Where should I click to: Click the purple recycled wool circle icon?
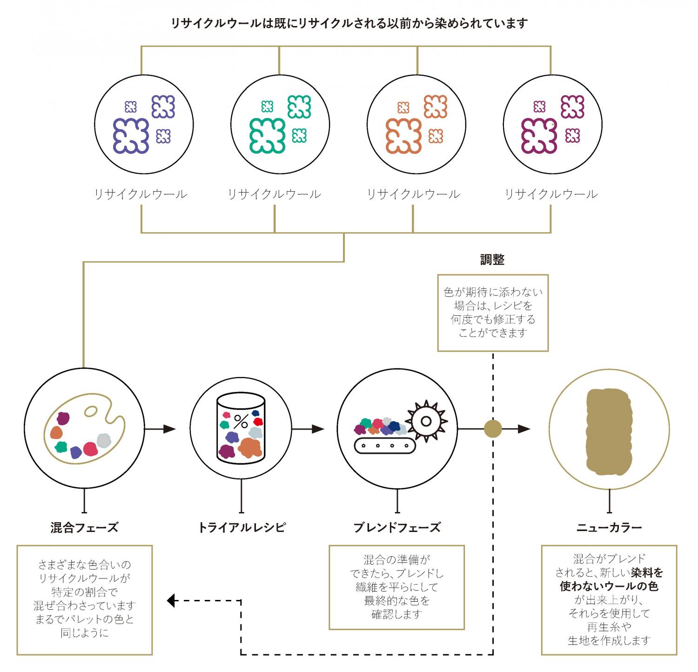click(x=144, y=125)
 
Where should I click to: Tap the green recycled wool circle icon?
click(x=280, y=125)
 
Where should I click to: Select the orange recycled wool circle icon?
click(x=416, y=125)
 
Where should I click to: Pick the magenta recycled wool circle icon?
click(x=553, y=125)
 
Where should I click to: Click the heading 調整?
click(x=492, y=260)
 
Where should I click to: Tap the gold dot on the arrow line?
click(x=493, y=429)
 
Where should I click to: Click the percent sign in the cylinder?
click(x=241, y=422)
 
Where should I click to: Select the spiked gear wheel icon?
click(x=426, y=421)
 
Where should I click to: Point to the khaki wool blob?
click(x=609, y=431)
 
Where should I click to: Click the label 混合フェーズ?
click(x=84, y=527)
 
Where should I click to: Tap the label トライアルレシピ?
click(x=242, y=527)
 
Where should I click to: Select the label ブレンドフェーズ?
click(x=397, y=527)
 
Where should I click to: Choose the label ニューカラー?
click(x=609, y=527)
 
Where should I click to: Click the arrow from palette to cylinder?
click(x=161, y=429)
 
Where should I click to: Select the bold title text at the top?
click(x=349, y=23)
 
